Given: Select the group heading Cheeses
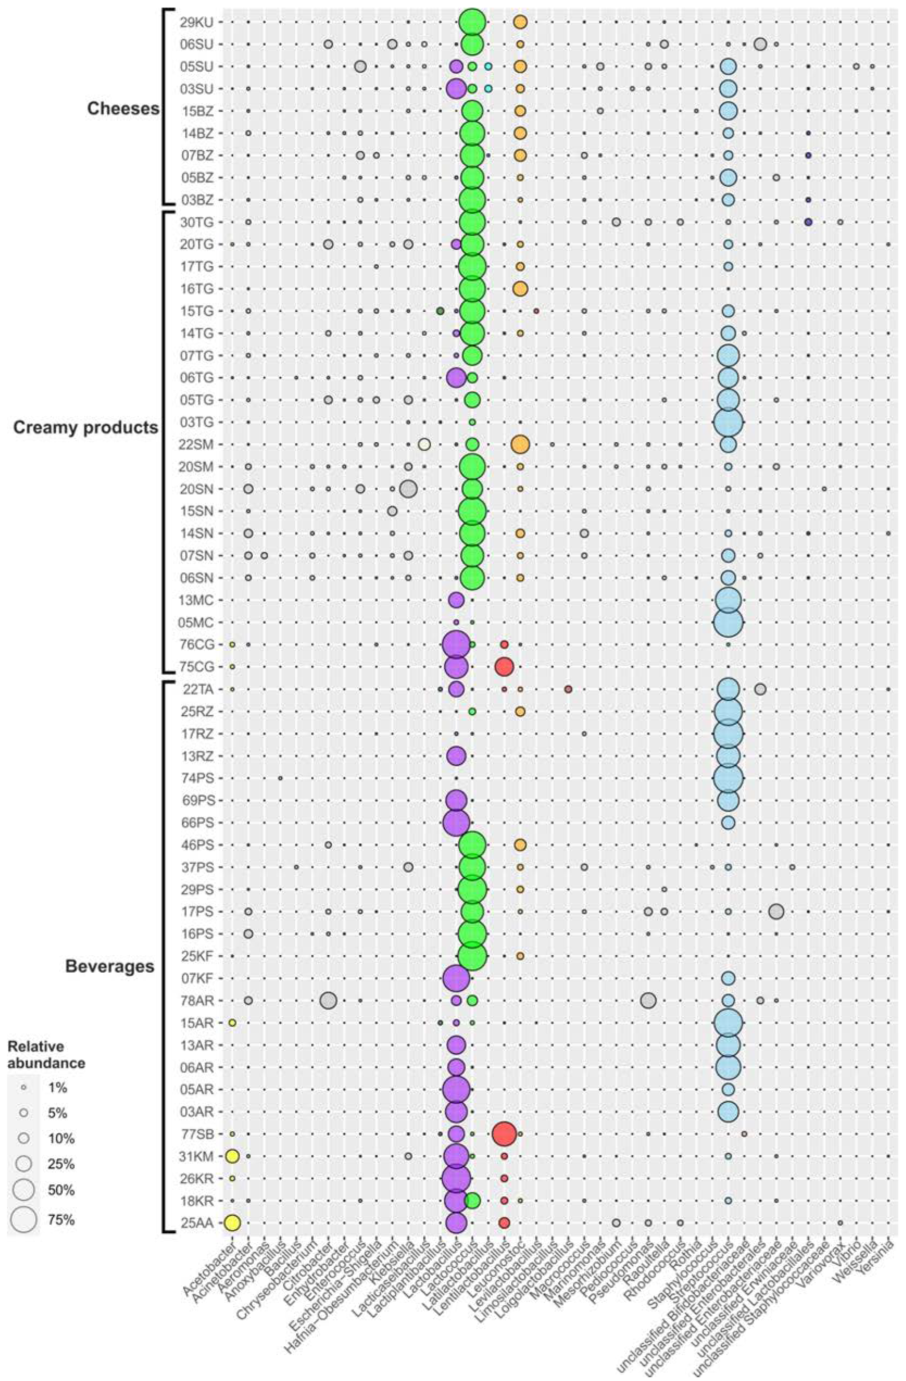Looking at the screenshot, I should pyautogui.click(x=123, y=109).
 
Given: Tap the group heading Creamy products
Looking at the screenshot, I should pyautogui.click(x=85, y=428).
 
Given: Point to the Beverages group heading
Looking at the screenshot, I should pyautogui.click(x=110, y=967).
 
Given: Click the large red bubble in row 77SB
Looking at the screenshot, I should pyautogui.click(x=504, y=1133).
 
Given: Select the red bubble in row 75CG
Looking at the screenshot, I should pyautogui.click(x=504, y=667).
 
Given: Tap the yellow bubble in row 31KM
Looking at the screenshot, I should pyautogui.click(x=232, y=1156).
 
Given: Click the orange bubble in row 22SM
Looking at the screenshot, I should pyautogui.click(x=520, y=445).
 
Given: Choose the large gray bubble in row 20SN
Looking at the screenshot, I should pyautogui.click(x=408, y=489).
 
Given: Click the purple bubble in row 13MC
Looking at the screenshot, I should pyautogui.click(x=456, y=600).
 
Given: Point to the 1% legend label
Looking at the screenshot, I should pyautogui.click(x=58, y=1088).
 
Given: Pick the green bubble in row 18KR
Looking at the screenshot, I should pyautogui.click(x=472, y=1200).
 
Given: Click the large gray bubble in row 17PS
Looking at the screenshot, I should pyautogui.click(x=776, y=911).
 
